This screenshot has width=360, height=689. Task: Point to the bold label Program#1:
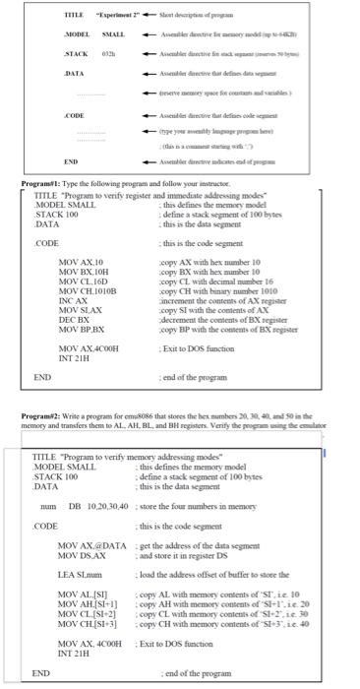(43, 183)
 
